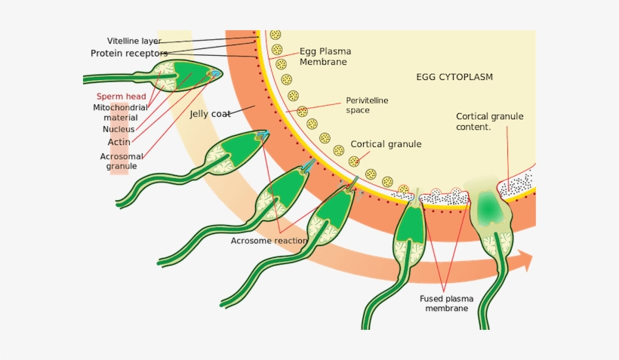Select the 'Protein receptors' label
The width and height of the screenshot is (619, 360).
tap(129, 54)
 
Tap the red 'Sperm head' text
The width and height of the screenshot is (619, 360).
tap(121, 97)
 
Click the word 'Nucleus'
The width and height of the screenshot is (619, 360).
tap(119, 129)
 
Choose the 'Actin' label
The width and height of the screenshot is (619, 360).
tap(119, 142)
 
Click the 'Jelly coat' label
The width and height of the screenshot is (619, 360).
tap(210, 115)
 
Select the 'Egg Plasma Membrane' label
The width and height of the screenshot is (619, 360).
tap(325, 57)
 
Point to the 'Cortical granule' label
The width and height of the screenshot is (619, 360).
tap(386, 144)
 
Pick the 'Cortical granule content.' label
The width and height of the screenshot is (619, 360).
tap(489, 122)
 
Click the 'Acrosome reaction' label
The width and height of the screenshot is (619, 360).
tap(269, 241)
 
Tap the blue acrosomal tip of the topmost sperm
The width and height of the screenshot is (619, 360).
tap(217, 74)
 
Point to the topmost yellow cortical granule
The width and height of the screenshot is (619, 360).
tap(276, 35)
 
